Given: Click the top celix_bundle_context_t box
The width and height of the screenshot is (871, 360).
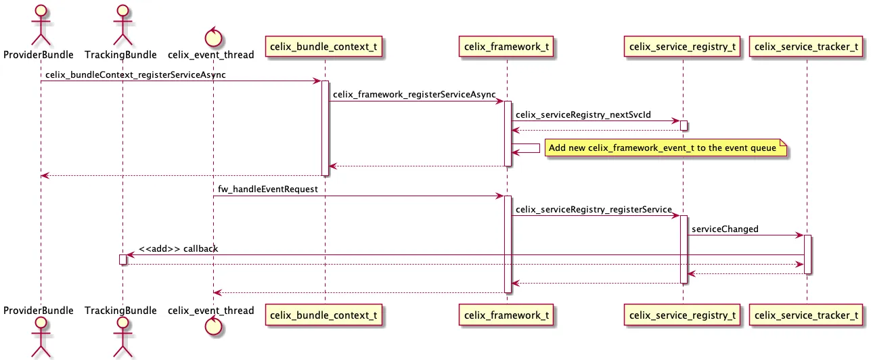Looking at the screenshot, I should [324, 47].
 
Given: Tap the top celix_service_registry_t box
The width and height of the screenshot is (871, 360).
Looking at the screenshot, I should [682, 47].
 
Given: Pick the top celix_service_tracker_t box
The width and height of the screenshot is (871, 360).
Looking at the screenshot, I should [806, 47].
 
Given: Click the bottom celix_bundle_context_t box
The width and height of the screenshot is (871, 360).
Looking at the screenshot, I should [324, 315].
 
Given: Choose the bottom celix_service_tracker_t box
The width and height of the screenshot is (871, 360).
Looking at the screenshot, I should [806, 315].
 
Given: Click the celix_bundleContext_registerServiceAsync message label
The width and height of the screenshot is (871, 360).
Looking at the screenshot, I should [136, 74].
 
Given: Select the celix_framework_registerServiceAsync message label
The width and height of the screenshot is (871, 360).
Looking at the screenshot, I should [414, 95].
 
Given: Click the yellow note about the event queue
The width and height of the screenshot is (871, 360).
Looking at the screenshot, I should [666, 148].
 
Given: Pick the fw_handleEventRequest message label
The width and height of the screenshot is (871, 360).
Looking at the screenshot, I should [267, 189].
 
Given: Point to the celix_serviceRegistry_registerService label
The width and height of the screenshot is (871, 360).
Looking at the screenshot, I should [594, 209].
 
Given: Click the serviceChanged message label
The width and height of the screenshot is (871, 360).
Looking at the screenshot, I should [725, 229].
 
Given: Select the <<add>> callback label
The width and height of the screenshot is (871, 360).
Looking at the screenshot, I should [178, 248].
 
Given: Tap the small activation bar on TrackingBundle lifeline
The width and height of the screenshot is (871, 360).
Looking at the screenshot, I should [122, 260].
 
